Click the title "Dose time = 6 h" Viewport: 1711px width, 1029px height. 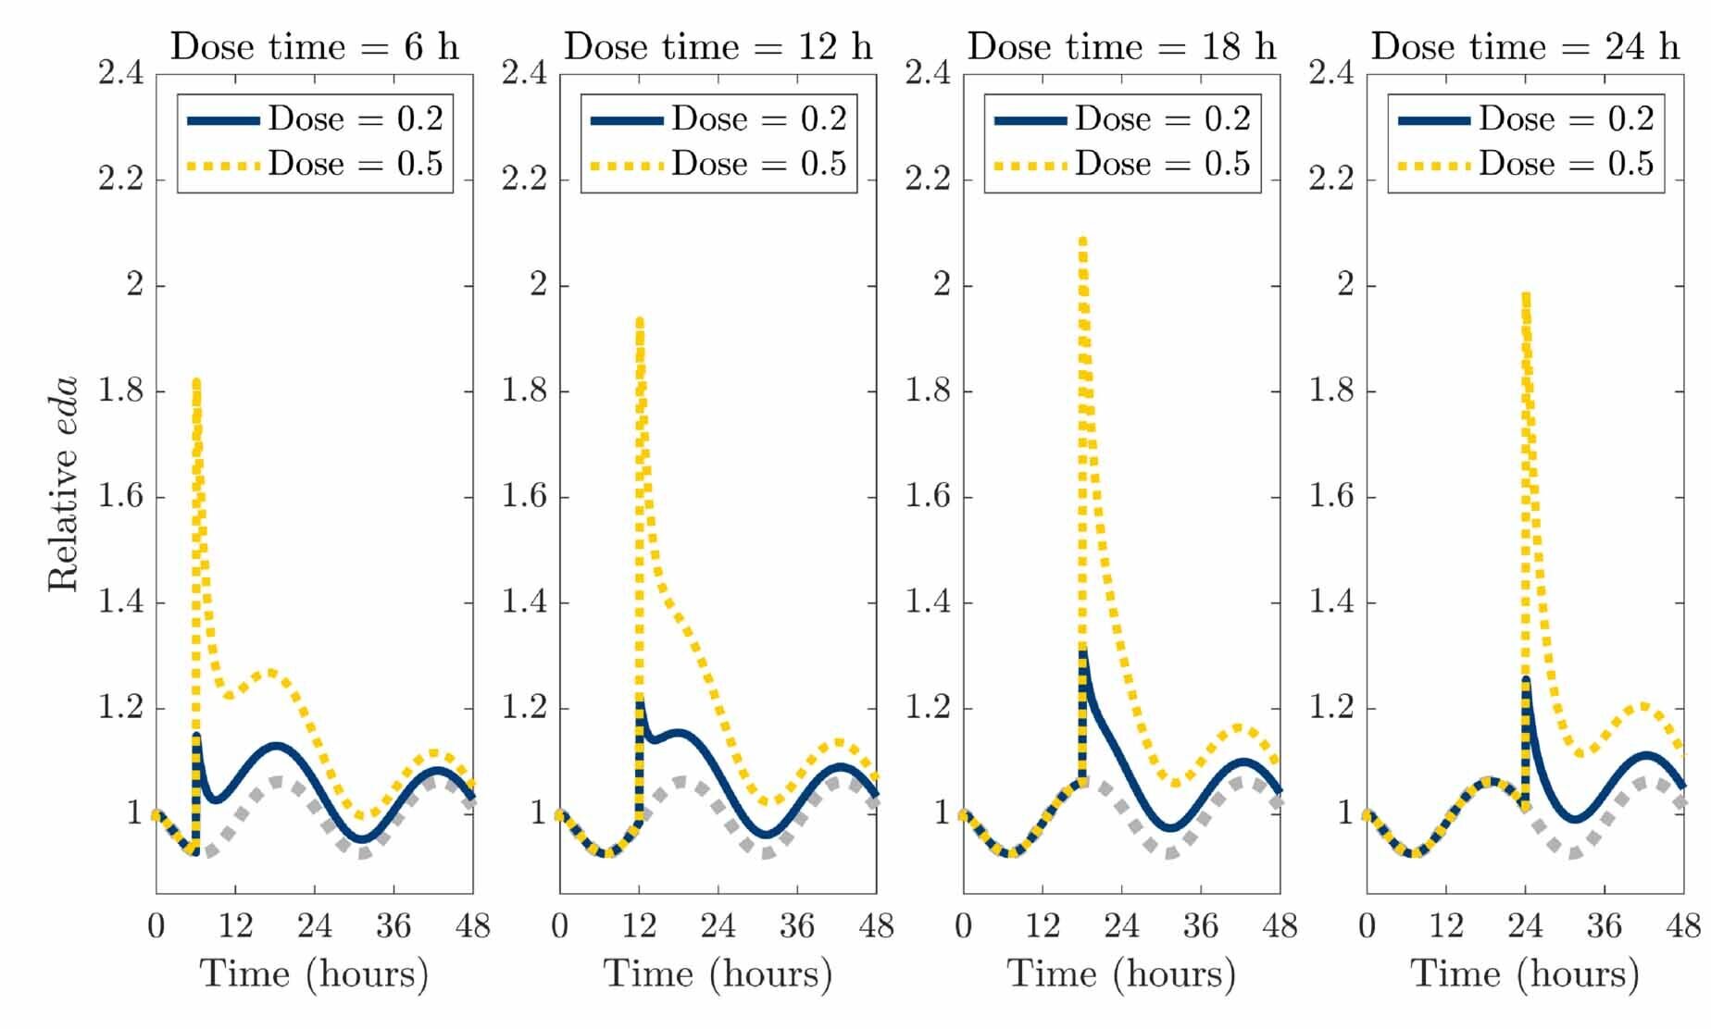coord(314,46)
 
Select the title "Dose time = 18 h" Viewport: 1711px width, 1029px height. coord(1121,46)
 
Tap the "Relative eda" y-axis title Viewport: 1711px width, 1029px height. coord(63,484)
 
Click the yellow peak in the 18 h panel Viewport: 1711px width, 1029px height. coord(1082,241)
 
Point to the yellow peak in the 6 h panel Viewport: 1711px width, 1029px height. coord(196,382)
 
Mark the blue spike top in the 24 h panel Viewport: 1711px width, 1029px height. coord(1526,680)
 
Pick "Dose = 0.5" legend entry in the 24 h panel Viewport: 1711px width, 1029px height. coord(1565,164)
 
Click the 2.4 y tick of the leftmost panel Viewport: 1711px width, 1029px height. coord(121,73)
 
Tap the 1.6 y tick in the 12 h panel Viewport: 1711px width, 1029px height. coord(525,497)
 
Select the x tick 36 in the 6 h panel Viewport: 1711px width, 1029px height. coord(393,926)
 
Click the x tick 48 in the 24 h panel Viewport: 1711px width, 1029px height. coord(1683,926)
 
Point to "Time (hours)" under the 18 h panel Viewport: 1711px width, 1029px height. coord(1121,973)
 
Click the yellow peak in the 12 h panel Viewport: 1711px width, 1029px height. coord(639,320)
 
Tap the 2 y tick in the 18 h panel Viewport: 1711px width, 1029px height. coord(942,285)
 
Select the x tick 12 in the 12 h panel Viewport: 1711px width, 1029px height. coord(639,926)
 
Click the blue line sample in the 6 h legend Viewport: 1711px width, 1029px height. coord(223,120)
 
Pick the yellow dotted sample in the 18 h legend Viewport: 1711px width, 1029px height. coord(1030,166)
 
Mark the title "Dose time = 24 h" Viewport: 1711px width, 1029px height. coord(1525,46)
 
